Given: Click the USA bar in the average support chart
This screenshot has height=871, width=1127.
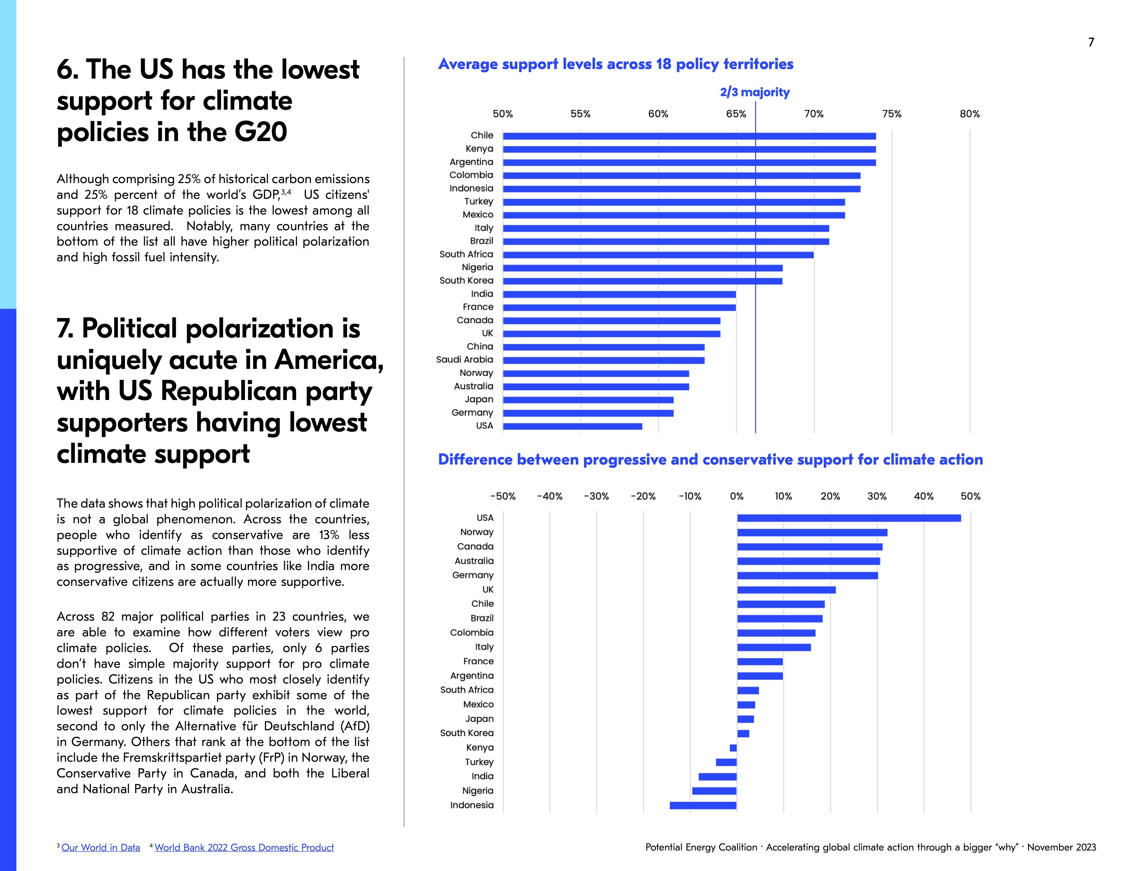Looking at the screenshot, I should click(572, 426).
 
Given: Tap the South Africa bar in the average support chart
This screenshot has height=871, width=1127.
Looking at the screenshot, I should click(658, 255).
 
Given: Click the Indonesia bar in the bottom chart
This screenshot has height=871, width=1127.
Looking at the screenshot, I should click(703, 805).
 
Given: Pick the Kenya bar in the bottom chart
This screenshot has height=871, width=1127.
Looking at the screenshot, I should click(733, 748).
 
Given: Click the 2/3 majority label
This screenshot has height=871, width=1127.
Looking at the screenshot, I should click(754, 92).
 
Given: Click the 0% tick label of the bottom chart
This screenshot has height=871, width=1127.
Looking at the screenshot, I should click(736, 496).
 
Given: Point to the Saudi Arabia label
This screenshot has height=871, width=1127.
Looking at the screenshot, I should click(464, 360).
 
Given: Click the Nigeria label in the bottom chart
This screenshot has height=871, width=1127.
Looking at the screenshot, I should click(478, 790).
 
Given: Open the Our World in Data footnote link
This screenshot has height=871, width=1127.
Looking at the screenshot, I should click(101, 847).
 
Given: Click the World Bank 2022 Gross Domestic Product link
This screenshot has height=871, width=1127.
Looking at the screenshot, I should click(244, 847).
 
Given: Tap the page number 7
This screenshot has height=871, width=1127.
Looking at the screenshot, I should click(1091, 42).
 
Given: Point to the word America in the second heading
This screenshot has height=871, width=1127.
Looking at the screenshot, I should click(329, 360).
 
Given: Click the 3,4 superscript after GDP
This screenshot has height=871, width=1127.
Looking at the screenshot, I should click(286, 192).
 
